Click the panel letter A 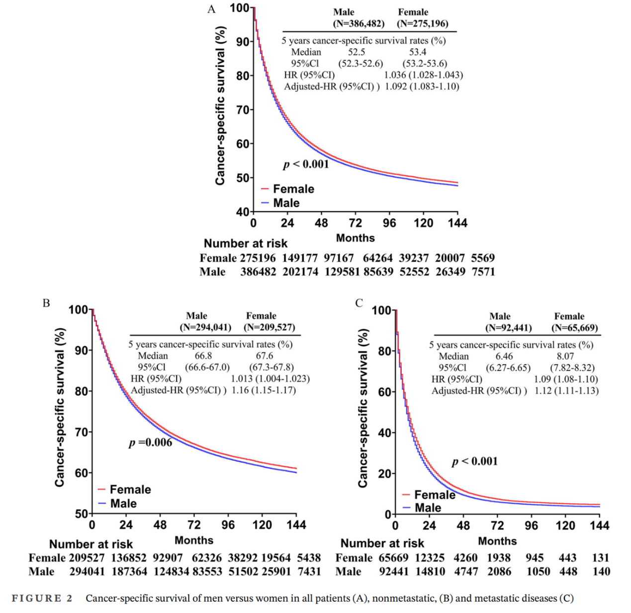tap(211, 9)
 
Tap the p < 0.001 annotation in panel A tap(306, 164)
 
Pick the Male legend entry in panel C tap(428, 508)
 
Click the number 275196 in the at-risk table tap(258, 258)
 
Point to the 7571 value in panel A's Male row tap(483, 272)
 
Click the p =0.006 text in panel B tap(151, 442)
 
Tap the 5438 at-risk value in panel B tap(309, 558)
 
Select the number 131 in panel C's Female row tap(601, 558)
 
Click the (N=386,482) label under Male tap(359, 24)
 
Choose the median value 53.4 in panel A tap(418, 52)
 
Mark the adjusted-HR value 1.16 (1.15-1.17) tap(264, 390)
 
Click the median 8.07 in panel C tap(565, 356)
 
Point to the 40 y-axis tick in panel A tap(242, 212)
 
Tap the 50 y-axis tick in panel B tap(81, 514)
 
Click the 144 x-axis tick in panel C tap(599, 526)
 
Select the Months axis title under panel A tap(356, 238)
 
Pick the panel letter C tap(359, 303)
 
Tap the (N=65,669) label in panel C tap(574, 328)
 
